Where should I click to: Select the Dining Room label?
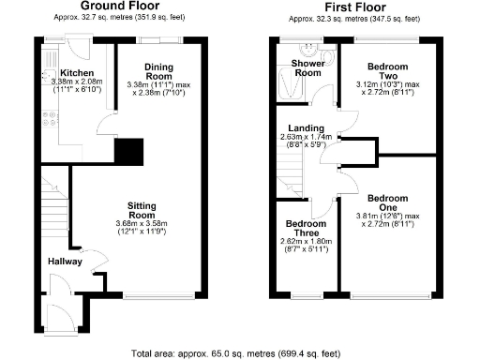158,71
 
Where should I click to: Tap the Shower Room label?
307,67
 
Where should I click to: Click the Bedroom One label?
387,203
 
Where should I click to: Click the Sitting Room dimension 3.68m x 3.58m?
146,222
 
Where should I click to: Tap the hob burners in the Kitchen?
48,119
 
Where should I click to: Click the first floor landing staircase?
292,173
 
